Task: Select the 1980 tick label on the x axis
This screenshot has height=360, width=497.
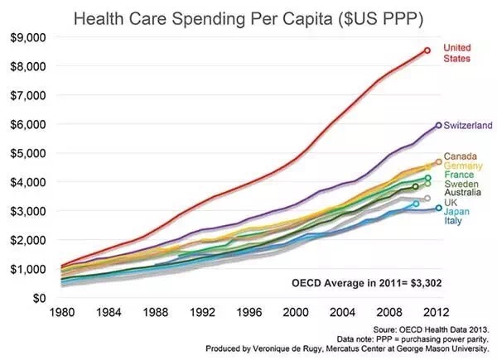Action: coord(63,314)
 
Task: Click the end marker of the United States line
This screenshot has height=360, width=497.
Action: coord(427,50)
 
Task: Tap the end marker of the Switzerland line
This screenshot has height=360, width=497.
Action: coord(437,125)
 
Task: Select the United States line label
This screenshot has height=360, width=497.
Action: coord(458,53)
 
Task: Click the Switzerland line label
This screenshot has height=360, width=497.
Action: coord(468,125)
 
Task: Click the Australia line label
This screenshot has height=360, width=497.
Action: coord(464,193)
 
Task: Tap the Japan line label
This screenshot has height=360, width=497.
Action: coord(456,212)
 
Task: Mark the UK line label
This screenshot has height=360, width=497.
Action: coord(451,203)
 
